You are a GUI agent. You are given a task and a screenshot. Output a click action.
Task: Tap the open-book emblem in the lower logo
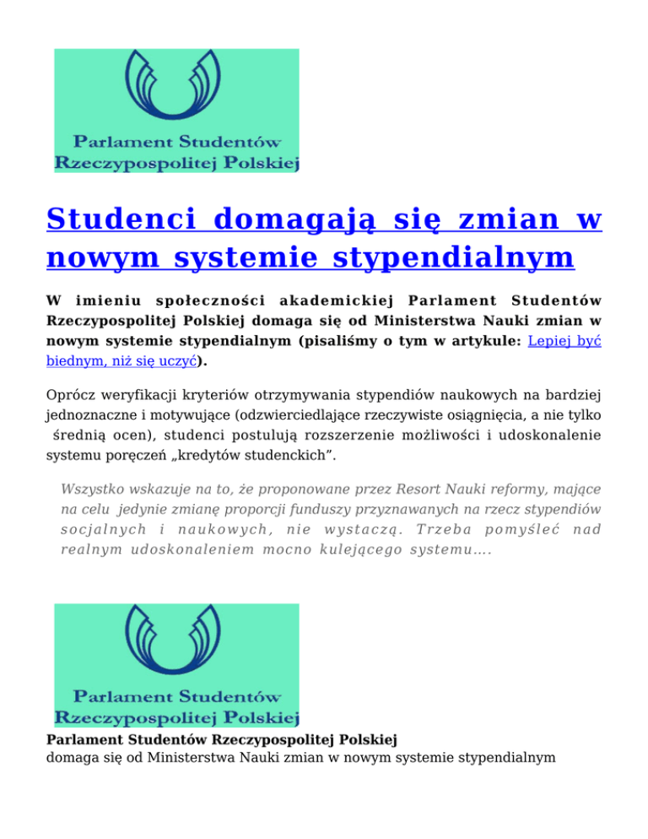pyautogui.click(x=176, y=642)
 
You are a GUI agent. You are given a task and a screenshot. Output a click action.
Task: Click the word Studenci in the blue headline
pyautogui.click(x=120, y=221)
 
